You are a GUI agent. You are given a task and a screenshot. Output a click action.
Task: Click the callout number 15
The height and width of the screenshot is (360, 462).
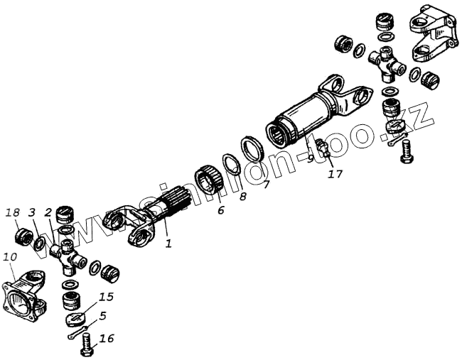tap(106, 296)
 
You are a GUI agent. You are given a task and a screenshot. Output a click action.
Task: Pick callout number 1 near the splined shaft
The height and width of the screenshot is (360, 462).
tap(168, 244)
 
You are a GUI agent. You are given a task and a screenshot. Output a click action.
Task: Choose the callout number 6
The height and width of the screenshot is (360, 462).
tap(220, 211)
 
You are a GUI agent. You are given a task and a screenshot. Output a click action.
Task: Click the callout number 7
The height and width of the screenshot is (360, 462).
tap(265, 186)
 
